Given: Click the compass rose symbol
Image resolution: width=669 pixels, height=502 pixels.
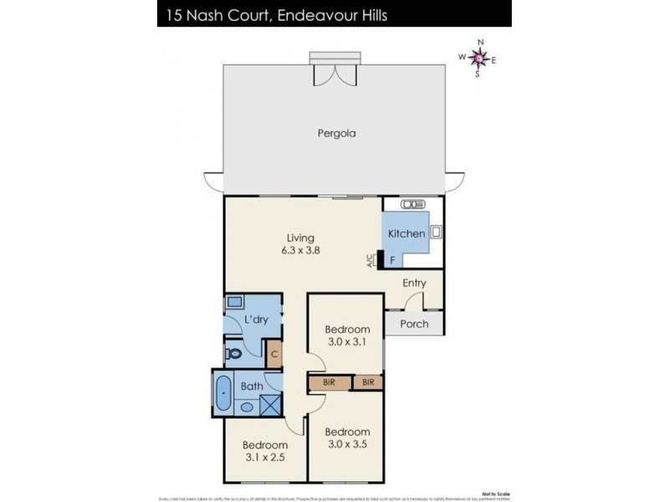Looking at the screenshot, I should click(x=477, y=58).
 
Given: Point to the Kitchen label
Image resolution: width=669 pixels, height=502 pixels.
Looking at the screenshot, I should click(x=406, y=234).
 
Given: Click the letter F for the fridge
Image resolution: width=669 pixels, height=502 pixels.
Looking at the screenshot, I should click(x=391, y=260).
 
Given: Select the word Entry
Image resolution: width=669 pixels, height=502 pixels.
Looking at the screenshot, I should click(x=414, y=283).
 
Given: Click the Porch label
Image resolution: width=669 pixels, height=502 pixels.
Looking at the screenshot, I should click(x=414, y=324).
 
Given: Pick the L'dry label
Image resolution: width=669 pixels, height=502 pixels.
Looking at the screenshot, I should click(x=255, y=320).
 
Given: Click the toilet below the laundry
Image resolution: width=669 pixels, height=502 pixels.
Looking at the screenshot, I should click(x=234, y=354).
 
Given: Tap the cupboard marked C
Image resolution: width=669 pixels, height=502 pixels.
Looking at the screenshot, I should click(x=274, y=354).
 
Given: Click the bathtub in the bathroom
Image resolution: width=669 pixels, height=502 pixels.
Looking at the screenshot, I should click(x=224, y=394).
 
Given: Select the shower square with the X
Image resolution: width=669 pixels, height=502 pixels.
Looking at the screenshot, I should click(x=271, y=405).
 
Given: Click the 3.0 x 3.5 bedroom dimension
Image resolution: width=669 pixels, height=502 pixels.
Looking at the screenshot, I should click(x=346, y=438).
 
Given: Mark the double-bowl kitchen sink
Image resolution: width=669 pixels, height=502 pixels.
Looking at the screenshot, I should click(x=412, y=204).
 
